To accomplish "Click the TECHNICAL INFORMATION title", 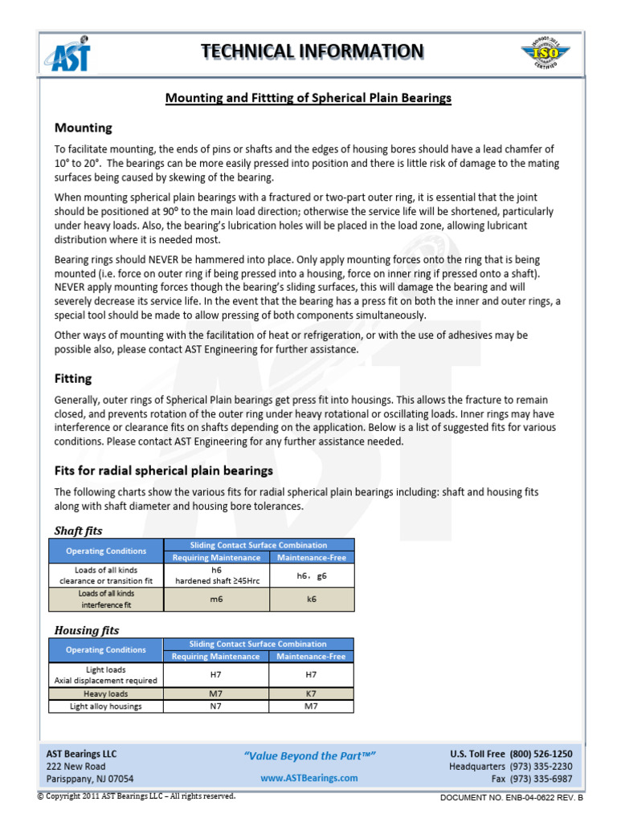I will tap(312, 51).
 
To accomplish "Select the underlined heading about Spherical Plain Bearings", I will tap(308, 98).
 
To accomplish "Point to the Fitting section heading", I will tap(73, 378).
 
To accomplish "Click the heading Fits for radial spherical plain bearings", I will tap(163, 470).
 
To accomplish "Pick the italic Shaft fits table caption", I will tap(78, 531).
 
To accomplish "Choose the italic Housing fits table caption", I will tap(86, 630).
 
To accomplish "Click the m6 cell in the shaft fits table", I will tap(216, 600).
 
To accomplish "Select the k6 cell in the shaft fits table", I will tap(312, 600).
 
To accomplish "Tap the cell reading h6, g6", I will tap(312, 576).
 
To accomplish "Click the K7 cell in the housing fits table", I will tap(312, 694).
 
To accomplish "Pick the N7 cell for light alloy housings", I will tap(216, 706).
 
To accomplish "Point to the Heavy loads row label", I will tap(106, 694).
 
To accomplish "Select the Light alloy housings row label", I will tap(106, 706).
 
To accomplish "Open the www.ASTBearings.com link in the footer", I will tap(309, 778).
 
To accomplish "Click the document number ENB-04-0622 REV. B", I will tap(512, 798).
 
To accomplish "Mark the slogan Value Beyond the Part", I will tap(309, 755).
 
